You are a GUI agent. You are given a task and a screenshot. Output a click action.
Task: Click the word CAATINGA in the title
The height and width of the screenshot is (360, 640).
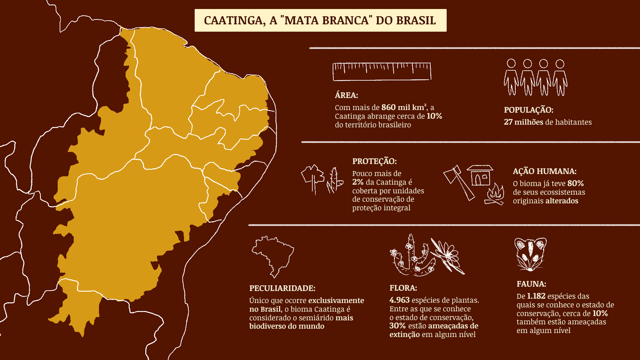(233, 21)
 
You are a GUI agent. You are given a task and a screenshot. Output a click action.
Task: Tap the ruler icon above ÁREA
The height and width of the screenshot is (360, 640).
(382, 71)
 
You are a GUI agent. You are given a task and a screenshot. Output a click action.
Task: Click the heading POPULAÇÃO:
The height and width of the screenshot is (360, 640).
(528, 110)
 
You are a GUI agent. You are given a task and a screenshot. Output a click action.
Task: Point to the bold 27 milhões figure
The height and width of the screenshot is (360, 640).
(523, 122)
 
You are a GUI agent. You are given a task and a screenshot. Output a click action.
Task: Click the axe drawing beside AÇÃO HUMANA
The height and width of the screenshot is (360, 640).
(458, 183)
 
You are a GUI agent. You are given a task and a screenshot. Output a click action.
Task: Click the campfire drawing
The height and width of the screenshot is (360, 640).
(495, 195)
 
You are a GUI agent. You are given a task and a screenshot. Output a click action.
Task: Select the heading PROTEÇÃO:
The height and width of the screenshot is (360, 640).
(374, 161)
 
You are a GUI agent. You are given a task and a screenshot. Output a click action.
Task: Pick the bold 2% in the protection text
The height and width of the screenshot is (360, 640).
(358, 182)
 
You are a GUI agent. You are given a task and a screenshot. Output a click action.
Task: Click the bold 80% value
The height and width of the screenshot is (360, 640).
(575, 183)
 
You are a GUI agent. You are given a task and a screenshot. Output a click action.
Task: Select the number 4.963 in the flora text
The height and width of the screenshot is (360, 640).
(399, 300)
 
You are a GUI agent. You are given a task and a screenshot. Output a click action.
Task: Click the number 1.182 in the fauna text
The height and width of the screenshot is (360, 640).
(536, 296)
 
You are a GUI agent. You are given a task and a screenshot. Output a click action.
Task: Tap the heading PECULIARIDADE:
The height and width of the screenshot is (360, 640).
(282, 288)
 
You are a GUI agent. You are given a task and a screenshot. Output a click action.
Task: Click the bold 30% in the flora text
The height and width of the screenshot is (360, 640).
(397, 326)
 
